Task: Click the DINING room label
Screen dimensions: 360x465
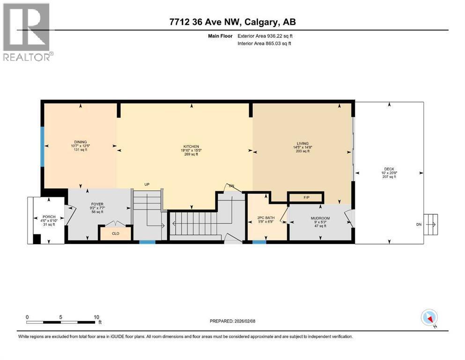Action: pos(81,142)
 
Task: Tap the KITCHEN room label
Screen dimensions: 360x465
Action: pos(191,147)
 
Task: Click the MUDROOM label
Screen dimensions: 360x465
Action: pos(320,218)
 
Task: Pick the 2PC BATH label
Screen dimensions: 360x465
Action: pos(265,217)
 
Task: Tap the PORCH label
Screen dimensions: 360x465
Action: pos(49,217)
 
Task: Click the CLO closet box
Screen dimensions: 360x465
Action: pos(115,232)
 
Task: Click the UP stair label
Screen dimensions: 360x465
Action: pos(147,185)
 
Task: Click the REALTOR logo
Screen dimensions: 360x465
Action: pos(27,32)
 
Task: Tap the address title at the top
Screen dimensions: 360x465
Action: pos(233,22)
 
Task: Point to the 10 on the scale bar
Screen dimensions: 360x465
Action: pos(96,317)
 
